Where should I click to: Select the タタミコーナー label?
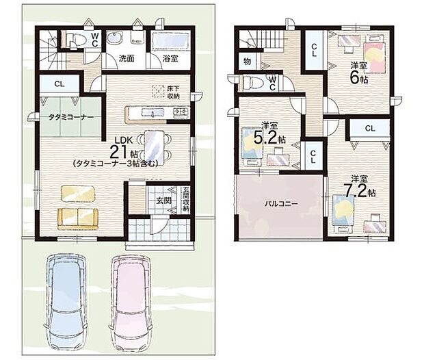[x=70, y=118]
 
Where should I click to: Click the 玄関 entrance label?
[x=163, y=201]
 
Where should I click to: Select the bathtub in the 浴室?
[x=168, y=42]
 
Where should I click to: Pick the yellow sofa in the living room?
[x=77, y=218]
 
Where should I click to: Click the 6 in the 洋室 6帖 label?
[x=355, y=77]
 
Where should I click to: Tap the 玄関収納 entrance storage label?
[x=185, y=199]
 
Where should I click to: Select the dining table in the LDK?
[x=153, y=144]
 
